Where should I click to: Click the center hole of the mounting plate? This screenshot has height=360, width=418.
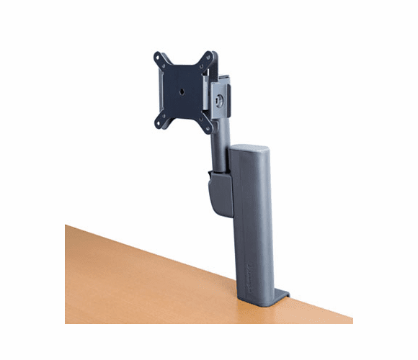pos(182,91)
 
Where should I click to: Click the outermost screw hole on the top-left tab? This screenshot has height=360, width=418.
pos(156,56)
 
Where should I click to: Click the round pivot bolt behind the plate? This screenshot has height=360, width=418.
pos(219,101)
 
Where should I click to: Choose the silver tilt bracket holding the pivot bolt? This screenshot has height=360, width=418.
pos(225,94)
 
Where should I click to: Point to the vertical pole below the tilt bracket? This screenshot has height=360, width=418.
pos(218,144)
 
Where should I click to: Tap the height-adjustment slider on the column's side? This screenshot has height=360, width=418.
pos(216,194)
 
